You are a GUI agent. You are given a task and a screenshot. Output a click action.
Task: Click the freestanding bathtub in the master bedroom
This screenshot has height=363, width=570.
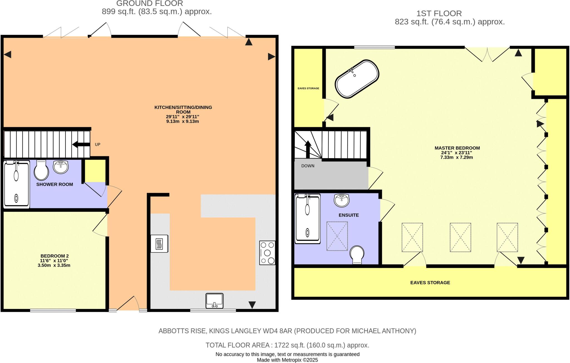tap(357, 79)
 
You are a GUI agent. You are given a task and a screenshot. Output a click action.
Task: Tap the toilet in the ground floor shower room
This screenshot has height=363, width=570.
tap(41, 170)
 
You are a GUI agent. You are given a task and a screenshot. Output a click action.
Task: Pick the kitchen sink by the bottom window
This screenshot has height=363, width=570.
tap(214, 301)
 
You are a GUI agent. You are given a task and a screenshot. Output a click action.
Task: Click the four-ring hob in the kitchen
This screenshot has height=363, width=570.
tap(267, 253)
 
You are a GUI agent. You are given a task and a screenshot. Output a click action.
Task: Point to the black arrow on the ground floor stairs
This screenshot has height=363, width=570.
tap(80, 144)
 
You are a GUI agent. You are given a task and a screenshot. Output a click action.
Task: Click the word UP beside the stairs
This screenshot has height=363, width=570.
tap(97, 144)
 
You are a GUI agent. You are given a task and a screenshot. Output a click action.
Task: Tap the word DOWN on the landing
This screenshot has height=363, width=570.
tap(308, 166)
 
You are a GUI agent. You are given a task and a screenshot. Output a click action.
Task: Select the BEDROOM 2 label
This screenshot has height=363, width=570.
tap(55, 256)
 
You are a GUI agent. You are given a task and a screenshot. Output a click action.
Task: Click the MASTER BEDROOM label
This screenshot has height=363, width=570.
tap(457, 148)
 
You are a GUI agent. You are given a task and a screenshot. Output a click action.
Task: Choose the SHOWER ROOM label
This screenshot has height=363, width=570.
tap(55, 184)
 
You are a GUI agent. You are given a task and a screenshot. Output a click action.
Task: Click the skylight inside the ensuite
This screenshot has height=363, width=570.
tap(337, 236)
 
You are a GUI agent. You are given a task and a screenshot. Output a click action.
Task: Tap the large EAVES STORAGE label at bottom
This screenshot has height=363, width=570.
tap(430, 283)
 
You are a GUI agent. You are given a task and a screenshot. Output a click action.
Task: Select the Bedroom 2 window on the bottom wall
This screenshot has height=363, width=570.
tap(53, 310)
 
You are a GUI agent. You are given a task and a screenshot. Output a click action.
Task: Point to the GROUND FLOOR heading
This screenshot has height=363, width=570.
tap(149, 4)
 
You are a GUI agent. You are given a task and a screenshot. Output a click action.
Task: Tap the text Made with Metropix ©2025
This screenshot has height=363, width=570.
tap(287, 360)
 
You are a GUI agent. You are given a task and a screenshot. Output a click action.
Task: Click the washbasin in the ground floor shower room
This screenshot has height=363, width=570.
tap(61, 167)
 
